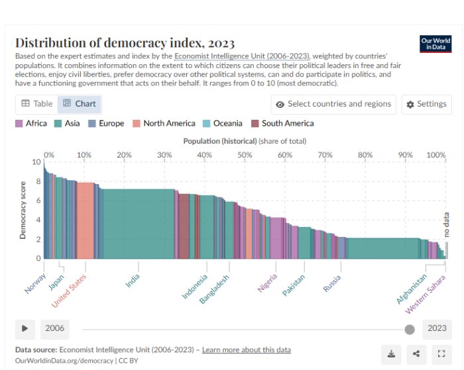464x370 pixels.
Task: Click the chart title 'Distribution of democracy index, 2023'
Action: pos(125,42)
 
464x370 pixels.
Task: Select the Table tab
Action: pos(36,104)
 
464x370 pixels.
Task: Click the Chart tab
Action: pos(80,104)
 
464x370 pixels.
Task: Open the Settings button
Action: pos(426,105)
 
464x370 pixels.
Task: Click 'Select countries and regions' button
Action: pos(334,105)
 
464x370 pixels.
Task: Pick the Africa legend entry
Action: pos(31,123)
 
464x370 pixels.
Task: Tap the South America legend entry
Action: pos(282,123)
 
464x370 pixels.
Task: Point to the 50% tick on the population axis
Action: pos(245,154)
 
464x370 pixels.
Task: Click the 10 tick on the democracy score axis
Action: pos(36,162)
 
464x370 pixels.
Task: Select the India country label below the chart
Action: pos(133,281)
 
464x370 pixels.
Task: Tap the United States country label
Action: pos(69,291)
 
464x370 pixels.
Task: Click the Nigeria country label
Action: pos(268,283)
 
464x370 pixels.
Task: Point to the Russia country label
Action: pos(332,283)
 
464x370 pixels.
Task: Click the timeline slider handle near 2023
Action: pos(410,329)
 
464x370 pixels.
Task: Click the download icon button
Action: pos(391,353)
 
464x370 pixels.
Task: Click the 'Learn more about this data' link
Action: pos(246,349)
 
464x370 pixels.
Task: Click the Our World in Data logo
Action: pos(435,44)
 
